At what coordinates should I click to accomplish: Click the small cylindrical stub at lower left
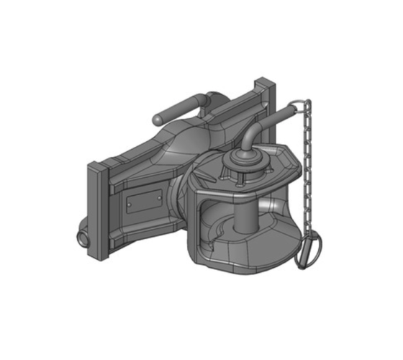77,237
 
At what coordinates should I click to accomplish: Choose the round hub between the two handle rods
204,102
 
